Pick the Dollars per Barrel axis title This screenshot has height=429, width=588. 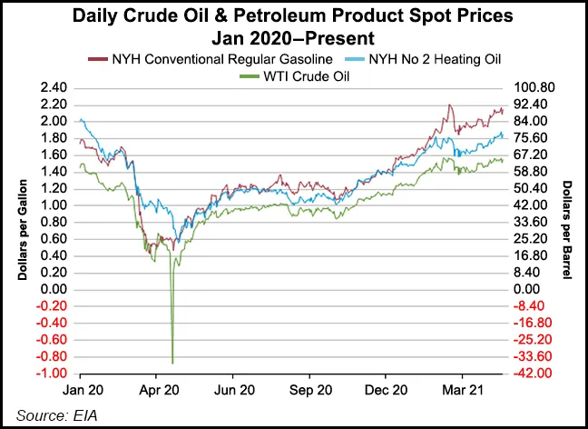[567, 230]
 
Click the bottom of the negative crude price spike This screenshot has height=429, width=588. [172, 363]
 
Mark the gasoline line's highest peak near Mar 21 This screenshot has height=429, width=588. [449, 105]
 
